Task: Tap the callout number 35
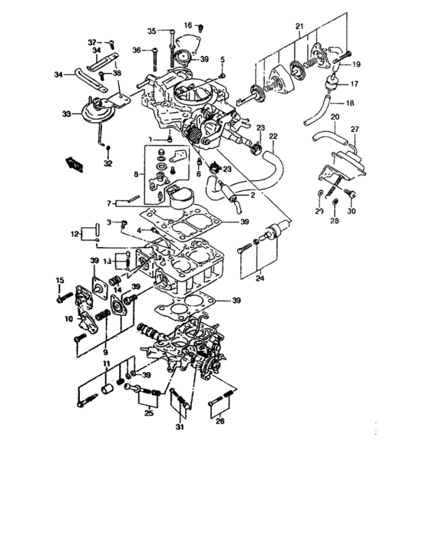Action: coord(152,31)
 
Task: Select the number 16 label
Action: coord(187,25)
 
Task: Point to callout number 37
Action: coord(92,41)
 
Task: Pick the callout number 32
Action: coord(108,163)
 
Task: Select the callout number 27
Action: coord(355,130)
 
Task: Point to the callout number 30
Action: coord(352,211)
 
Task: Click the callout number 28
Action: coord(335,221)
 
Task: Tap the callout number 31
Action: coord(180,427)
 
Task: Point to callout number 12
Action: coord(75,232)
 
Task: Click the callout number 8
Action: coord(137,175)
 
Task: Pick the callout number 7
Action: coord(110,204)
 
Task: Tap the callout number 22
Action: coord(272,137)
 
